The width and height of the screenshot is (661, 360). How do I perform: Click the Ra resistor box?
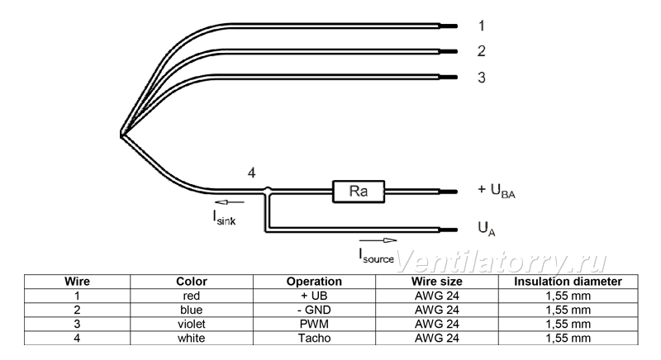click(359, 192)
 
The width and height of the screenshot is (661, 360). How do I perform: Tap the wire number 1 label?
click(482, 26)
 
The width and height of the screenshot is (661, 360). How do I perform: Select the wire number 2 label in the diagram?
click(482, 51)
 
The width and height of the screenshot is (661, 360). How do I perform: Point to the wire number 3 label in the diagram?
click(482, 78)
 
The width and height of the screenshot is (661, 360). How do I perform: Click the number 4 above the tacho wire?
click(251, 173)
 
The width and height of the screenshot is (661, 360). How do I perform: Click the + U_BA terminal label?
click(497, 191)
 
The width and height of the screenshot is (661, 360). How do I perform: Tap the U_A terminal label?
click(487, 229)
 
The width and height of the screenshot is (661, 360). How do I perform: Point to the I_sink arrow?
click(230, 202)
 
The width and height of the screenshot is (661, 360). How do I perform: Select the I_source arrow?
click(378, 240)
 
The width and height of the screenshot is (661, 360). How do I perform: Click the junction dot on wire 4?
click(267, 190)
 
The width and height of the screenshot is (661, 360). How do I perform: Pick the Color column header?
click(192, 282)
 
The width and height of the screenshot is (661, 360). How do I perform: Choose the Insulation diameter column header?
click(568, 282)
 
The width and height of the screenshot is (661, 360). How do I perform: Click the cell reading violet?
click(192, 324)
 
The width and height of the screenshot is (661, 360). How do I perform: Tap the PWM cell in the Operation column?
click(314, 324)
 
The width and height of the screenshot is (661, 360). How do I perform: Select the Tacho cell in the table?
click(314, 338)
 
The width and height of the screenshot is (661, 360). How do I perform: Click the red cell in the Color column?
click(192, 296)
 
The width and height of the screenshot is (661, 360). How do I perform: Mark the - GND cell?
click(314, 310)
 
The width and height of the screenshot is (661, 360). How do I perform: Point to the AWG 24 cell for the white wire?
click(437, 338)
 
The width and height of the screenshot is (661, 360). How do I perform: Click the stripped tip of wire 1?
click(448, 26)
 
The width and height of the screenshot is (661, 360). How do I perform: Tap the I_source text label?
click(376, 256)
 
